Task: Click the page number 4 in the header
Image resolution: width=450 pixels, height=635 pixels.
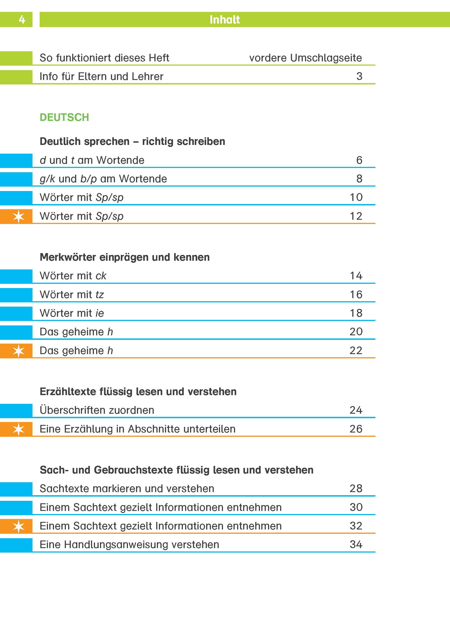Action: (x=22, y=20)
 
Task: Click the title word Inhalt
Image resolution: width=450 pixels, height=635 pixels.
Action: (x=225, y=20)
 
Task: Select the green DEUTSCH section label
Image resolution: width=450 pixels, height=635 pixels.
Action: (x=64, y=117)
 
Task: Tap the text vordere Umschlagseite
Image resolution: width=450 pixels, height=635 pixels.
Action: (x=305, y=58)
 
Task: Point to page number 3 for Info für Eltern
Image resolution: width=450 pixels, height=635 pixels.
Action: (x=359, y=76)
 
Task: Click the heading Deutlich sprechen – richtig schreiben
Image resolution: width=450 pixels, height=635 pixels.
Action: (x=132, y=142)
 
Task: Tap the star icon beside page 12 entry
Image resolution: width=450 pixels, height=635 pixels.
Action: (x=19, y=216)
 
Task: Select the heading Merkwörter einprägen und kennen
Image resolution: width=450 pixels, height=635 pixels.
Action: (x=124, y=257)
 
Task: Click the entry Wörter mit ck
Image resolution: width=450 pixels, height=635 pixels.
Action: (x=73, y=276)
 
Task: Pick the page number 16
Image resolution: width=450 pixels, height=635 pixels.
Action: (x=356, y=294)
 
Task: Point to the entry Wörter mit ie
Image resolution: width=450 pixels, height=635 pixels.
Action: (x=72, y=313)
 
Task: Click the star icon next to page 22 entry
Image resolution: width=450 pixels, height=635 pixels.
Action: (x=19, y=351)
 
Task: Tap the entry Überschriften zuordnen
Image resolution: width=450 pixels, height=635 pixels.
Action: (x=97, y=410)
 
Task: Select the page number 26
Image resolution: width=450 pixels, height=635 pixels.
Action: (x=356, y=429)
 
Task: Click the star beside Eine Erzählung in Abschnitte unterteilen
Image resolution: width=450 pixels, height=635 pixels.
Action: (x=19, y=429)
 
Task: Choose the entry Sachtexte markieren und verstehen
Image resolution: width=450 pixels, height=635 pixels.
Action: (x=127, y=489)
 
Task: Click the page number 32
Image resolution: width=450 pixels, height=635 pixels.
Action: (x=356, y=526)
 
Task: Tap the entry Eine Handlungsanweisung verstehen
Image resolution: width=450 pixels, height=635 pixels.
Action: (x=129, y=545)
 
